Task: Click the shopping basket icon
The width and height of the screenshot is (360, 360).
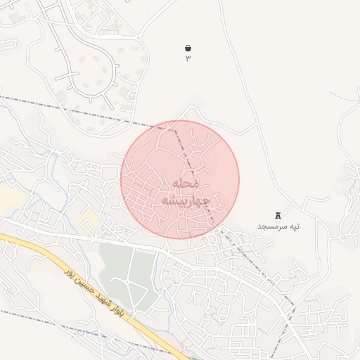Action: pyautogui.click(x=188, y=48)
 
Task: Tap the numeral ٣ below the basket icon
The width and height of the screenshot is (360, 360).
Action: pyautogui.click(x=188, y=59)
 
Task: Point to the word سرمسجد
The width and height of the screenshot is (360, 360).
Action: pyautogui.click(x=271, y=226)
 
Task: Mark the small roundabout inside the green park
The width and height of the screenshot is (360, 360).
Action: pyautogui.click(x=129, y=281)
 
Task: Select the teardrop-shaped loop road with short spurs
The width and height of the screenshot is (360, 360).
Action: pyautogui.click(x=91, y=70)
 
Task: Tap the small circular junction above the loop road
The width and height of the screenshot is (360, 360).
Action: pyautogui.click(x=139, y=37)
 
